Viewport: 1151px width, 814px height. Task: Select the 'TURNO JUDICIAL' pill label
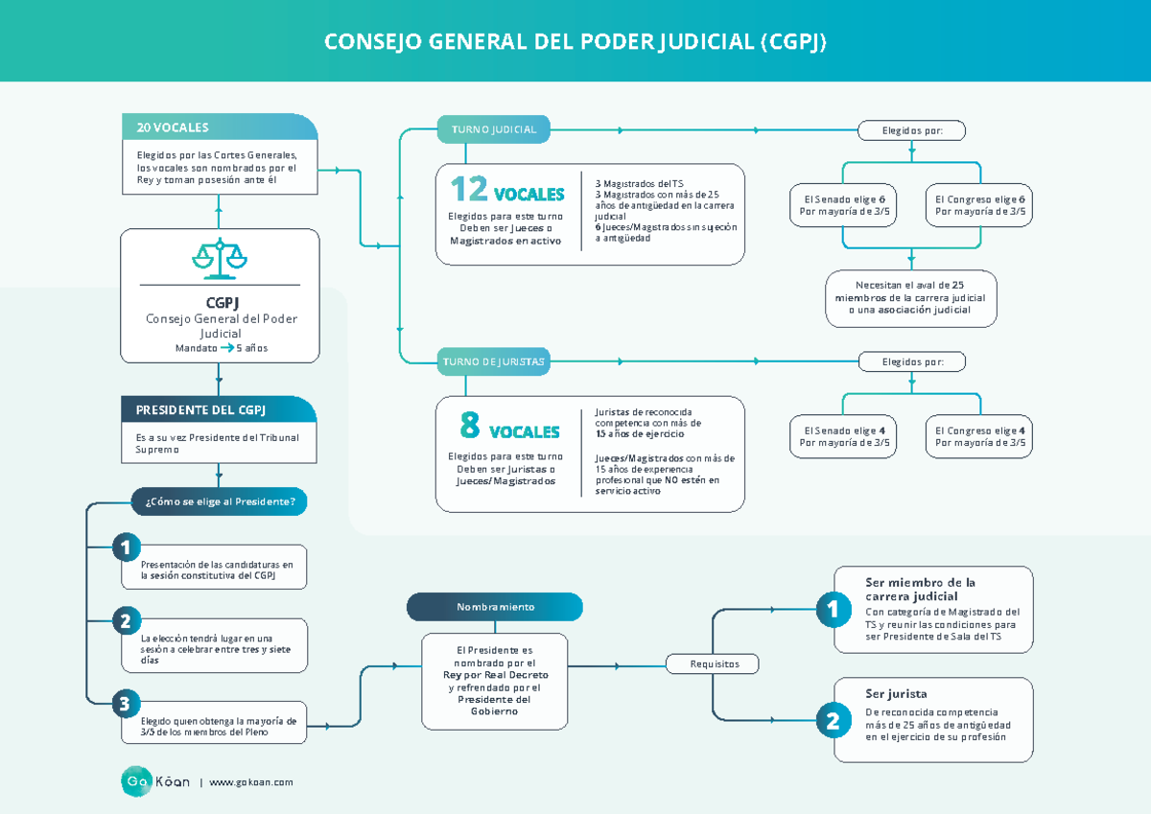[493, 128]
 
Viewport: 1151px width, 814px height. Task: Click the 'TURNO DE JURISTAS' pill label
[493, 361]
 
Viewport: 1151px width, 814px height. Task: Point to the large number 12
[469, 190]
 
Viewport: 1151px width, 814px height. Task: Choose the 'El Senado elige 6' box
[844, 205]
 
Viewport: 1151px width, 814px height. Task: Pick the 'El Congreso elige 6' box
[979, 205]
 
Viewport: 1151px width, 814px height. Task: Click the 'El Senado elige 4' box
[844, 436]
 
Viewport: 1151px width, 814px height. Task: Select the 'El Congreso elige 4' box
[979, 436]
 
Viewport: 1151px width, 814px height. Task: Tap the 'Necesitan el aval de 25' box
[911, 297]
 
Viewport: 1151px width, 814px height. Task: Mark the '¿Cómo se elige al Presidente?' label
[220, 500]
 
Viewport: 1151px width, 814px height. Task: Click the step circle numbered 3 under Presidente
[125, 704]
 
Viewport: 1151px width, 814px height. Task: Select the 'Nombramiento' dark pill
[495, 607]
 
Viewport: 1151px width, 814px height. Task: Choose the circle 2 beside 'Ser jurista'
[832, 721]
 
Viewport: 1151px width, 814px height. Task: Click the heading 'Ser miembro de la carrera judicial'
[920, 589]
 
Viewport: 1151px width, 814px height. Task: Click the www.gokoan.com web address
[250, 782]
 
